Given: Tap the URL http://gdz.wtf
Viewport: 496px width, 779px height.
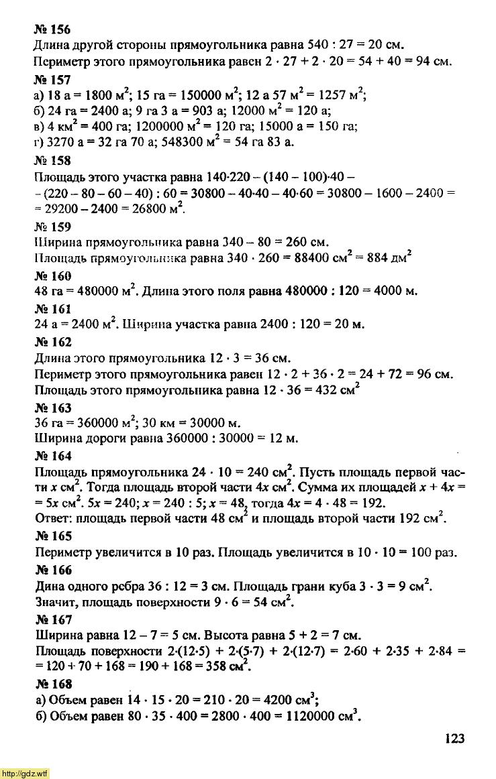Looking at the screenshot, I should coord(25,774).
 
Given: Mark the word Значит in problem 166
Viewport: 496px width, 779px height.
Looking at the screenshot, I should coord(54,601).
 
